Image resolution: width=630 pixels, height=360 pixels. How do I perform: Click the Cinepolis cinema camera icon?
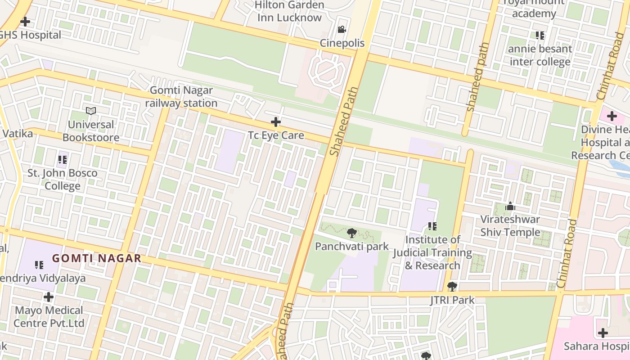[x=342, y=30]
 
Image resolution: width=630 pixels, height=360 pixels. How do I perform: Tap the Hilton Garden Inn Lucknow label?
[x=290, y=11]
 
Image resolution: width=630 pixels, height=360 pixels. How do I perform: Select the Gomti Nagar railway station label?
[x=181, y=97]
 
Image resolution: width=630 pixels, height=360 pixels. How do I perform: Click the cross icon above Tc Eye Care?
[x=276, y=122]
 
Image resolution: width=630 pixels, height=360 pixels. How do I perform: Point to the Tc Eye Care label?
[x=276, y=135]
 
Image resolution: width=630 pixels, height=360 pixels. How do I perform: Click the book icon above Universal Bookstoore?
[x=91, y=111]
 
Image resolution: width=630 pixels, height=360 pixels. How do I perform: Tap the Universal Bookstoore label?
[x=91, y=131]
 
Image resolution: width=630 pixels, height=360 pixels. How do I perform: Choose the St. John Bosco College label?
[x=63, y=179]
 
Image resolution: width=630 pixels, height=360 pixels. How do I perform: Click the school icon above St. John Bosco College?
[x=63, y=160]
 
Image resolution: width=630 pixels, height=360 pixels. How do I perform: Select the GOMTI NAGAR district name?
[x=97, y=258]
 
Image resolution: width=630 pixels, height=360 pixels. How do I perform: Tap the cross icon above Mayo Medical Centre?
[x=49, y=297]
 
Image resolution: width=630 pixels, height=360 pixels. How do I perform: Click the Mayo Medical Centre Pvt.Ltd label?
[x=49, y=316]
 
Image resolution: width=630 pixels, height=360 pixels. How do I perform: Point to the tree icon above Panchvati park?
[x=352, y=233]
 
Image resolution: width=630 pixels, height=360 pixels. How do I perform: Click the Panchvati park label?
[x=351, y=246]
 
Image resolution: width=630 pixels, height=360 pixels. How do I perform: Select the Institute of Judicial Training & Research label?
[x=432, y=252]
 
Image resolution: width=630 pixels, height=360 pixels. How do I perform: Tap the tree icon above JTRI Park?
[x=452, y=287]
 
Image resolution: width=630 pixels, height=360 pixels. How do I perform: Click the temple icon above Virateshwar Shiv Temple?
[x=510, y=207]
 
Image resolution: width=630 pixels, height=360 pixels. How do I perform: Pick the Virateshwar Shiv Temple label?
[x=510, y=225]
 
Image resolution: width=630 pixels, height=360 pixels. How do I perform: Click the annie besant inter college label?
[x=540, y=55]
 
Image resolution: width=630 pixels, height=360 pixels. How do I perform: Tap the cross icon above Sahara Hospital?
[x=603, y=333]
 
